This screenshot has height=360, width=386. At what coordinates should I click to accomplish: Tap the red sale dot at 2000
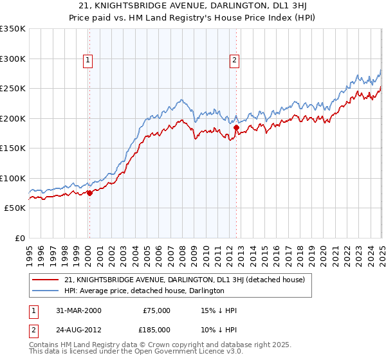(89, 194)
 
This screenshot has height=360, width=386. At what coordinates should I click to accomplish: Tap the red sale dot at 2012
(235, 129)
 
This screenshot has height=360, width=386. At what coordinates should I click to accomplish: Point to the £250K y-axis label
(13, 89)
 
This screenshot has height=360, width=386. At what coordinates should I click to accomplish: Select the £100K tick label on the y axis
(13, 178)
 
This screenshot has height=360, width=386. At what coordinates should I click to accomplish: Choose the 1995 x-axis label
(30, 251)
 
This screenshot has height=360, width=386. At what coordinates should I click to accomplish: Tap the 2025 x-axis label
(381, 251)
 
